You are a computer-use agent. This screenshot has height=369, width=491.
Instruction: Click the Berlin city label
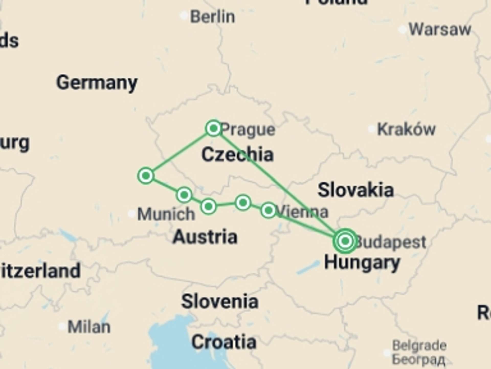pos(212,17)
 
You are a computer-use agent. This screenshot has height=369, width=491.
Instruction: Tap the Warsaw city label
pos(440,29)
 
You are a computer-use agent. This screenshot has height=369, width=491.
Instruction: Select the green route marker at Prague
pos(214,128)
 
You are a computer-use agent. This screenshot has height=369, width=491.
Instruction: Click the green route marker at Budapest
pos(345,241)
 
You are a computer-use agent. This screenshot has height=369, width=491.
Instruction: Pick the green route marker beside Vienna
pos(268,210)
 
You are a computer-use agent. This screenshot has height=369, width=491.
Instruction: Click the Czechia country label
pos(237,155)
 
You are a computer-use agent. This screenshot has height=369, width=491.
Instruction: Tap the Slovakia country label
pos(355,190)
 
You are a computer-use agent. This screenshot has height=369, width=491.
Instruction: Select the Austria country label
pos(205,237)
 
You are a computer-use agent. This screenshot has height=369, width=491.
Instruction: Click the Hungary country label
pos(362,263)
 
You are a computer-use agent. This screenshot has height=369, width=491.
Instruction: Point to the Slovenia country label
pos(220,301)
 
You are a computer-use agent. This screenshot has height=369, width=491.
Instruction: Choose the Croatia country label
pos(224,342)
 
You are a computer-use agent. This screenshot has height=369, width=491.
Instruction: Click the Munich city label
pos(166,214)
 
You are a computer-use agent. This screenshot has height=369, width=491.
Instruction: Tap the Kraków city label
pos(406,129)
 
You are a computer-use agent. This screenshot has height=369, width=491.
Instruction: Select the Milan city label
pos(89,327)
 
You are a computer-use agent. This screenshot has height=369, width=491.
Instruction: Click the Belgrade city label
pos(419,346)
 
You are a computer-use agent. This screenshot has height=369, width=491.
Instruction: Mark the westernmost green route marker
pos(146,176)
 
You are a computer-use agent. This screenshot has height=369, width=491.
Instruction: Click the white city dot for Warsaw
pos(403,29)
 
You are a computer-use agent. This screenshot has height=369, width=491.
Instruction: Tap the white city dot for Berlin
pos(184,16)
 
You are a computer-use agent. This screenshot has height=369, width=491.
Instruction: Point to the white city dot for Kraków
pos(372,129)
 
